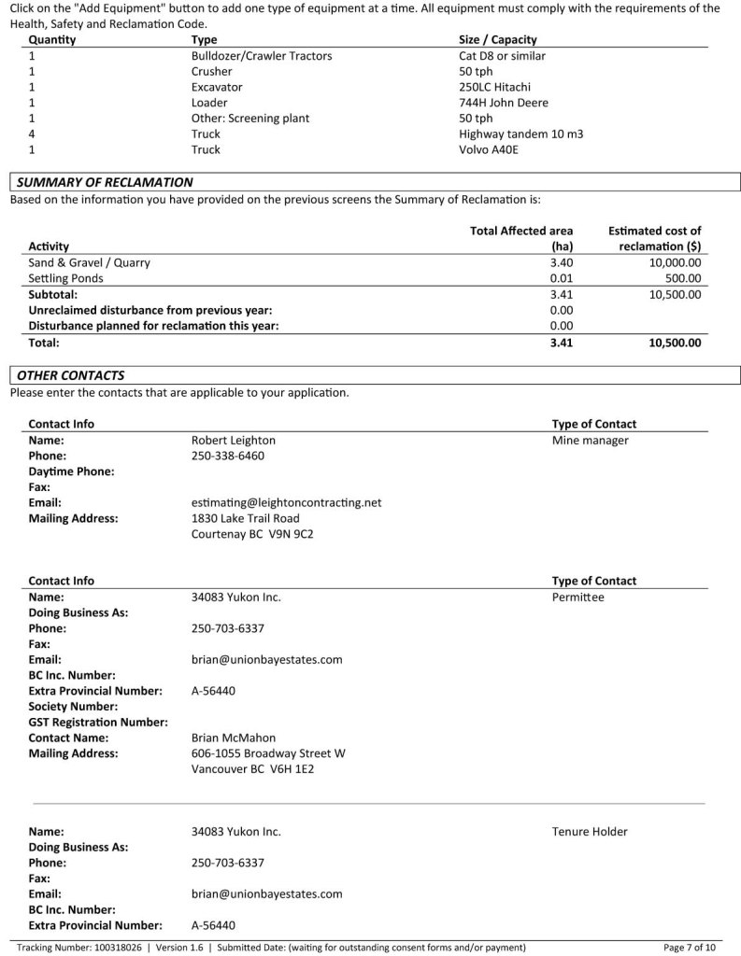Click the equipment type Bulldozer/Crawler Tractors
click(x=261, y=56)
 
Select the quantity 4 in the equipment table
click(x=32, y=134)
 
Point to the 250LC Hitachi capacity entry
click(x=497, y=87)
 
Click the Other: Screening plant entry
click(x=249, y=119)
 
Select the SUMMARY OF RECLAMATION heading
click(x=105, y=182)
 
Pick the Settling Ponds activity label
click(x=65, y=278)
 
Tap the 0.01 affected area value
click(x=561, y=278)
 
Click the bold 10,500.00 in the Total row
click(x=674, y=343)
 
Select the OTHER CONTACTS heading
click(x=70, y=375)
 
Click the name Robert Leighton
click(x=233, y=440)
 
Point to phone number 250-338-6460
click(x=227, y=456)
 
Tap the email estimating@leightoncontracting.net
click(x=286, y=502)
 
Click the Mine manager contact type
click(x=590, y=440)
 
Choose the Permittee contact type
click(x=577, y=597)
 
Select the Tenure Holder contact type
click(x=590, y=831)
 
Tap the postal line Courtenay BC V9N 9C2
click(x=252, y=534)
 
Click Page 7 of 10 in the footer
click(x=690, y=947)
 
